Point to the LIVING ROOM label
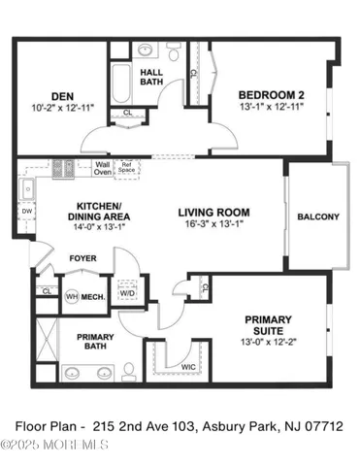click(213, 212)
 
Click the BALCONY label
click(317, 216)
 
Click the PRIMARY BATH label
click(96, 341)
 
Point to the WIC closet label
click(190, 367)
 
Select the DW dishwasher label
click(26, 211)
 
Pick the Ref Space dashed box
click(126, 167)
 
